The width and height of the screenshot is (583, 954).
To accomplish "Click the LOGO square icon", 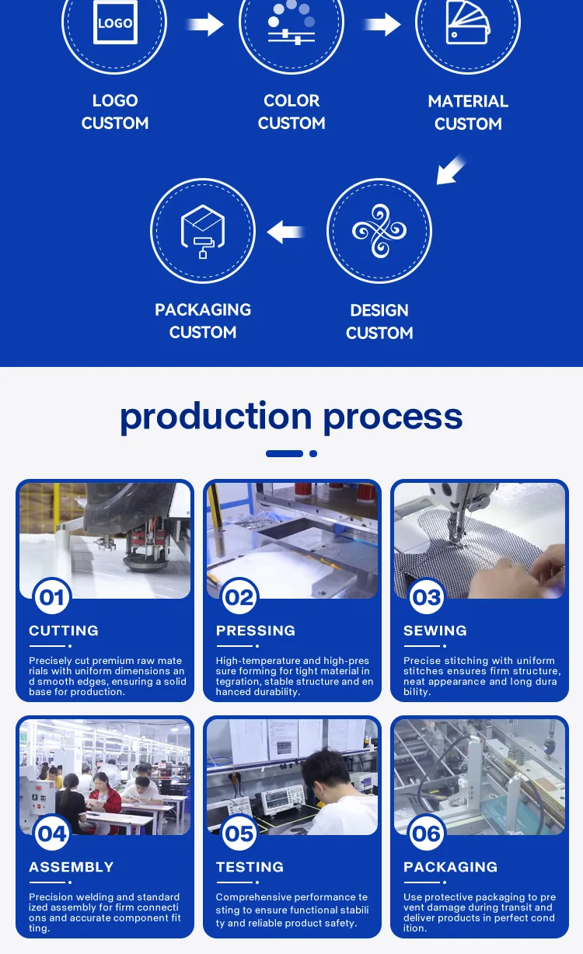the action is [x=115, y=22].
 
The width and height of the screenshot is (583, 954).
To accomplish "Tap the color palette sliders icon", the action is [x=291, y=22].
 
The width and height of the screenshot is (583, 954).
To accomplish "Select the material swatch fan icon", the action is [x=468, y=22].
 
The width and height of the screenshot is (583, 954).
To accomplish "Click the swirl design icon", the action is [x=379, y=231].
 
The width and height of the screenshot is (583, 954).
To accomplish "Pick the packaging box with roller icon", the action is [x=203, y=231].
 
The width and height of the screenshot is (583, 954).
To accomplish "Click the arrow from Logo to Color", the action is [x=206, y=24].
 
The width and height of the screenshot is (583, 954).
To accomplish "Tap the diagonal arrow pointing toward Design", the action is [x=451, y=170].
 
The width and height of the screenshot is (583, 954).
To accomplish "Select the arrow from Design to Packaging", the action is [x=285, y=232].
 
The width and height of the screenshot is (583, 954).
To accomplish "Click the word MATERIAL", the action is [x=468, y=101].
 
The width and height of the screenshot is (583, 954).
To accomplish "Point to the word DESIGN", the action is [x=379, y=310].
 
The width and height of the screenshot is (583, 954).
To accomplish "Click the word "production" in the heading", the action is [x=216, y=418].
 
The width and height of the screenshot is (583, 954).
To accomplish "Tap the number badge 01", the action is [x=52, y=596].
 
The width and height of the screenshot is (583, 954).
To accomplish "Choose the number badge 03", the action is [x=427, y=596].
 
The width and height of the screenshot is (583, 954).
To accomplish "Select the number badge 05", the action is [x=239, y=833].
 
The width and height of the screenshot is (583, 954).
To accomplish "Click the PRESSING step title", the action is [x=256, y=631].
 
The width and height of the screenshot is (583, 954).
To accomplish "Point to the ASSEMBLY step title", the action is [x=72, y=867].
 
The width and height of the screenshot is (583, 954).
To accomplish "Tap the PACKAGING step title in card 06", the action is [x=451, y=867].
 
